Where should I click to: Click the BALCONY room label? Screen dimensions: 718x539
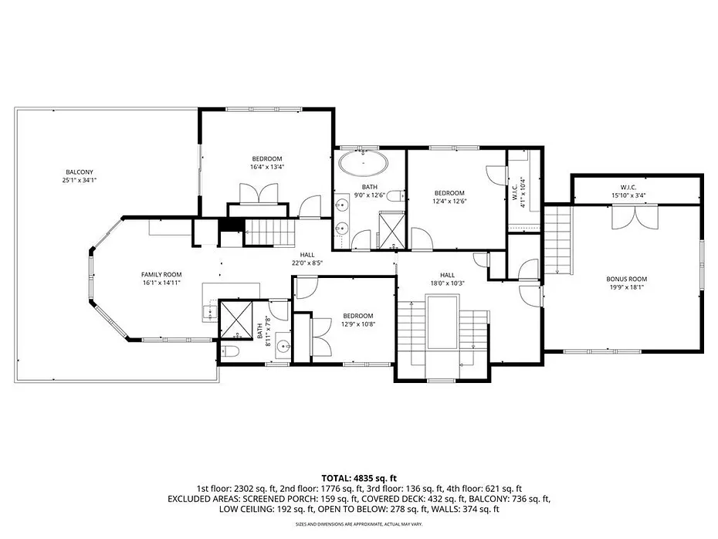[x=80, y=172]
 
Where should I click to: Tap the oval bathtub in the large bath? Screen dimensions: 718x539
[x=363, y=163]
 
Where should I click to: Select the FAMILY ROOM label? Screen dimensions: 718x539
[x=161, y=274]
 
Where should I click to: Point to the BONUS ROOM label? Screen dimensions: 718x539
[x=626, y=279]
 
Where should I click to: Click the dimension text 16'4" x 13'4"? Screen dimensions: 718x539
[x=267, y=167]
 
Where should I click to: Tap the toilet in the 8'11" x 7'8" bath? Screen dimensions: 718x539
[x=230, y=351]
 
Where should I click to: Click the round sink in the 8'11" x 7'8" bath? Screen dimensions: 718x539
[x=283, y=346]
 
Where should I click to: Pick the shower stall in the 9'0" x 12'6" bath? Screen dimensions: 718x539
[x=391, y=230]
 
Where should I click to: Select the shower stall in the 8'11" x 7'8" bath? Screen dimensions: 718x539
[x=235, y=319]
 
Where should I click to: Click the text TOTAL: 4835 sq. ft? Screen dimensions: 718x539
[x=358, y=479]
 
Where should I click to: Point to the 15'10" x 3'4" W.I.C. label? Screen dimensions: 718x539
[x=628, y=192]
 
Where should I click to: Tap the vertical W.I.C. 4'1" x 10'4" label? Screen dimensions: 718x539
[x=517, y=192]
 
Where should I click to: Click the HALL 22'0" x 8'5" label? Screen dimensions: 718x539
[x=307, y=259]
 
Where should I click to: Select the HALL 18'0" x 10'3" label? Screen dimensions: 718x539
[x=447, y=279]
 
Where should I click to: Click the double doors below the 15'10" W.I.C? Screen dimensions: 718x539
[x=635, y=217]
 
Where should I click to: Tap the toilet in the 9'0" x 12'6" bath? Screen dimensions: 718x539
[x=397, y=196]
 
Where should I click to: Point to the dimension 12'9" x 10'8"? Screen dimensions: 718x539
[x=357, y=324]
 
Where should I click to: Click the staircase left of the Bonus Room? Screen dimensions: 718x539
[x=558, y=239]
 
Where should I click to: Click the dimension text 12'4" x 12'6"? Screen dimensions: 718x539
[x=449, y=201]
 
